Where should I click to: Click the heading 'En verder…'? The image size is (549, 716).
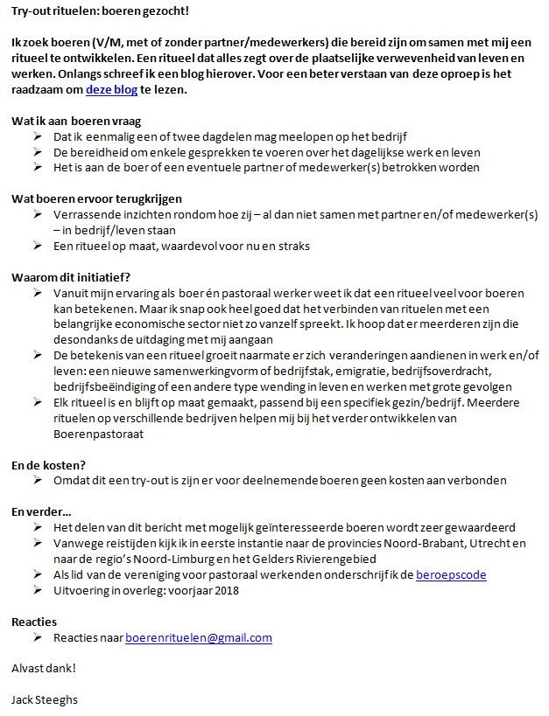click(x=42, y=511)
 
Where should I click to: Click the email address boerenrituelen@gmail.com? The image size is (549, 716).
click(x=199, y=638)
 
